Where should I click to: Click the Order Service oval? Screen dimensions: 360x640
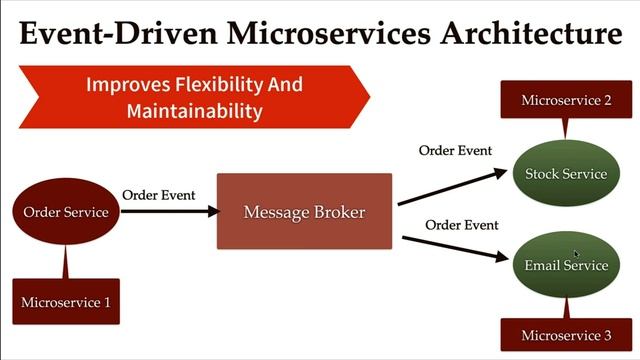coord(66,211)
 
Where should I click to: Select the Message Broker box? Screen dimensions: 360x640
coord(304,211)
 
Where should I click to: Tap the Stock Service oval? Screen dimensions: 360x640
coord(566,174)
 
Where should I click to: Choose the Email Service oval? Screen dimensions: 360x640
coord(566,265)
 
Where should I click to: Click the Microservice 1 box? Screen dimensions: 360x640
coord(66,301)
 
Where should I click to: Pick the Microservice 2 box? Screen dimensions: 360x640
coord(566,100)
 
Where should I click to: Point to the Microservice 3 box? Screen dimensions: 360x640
coord(566,334)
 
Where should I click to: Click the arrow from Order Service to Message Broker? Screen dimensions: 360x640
coord(170,211)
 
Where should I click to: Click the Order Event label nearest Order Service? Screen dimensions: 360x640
coord(158,195)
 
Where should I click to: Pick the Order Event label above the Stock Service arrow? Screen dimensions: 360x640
coord(455,151)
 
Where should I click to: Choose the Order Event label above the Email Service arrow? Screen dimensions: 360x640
coord(462,224)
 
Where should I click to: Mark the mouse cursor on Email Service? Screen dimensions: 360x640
coord(577,255)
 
